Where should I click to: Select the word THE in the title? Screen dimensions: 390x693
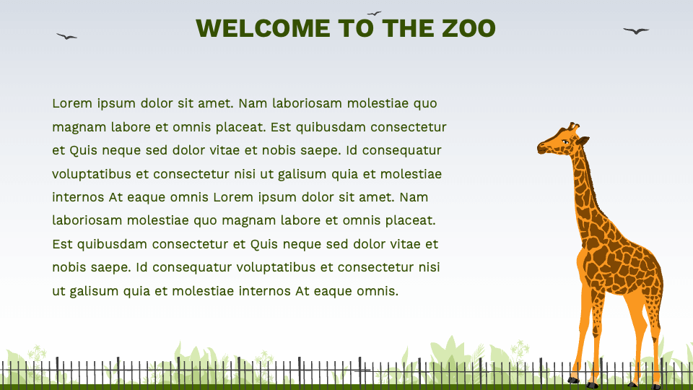point(408,28)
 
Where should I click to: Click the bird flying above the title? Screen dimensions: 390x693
point(374,13)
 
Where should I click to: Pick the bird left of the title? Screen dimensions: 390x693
point(66,36)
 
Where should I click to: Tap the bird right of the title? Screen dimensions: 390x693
point(636,30)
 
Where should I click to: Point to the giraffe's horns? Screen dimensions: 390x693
point(573,126)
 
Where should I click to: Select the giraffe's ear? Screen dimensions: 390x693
point(583,140)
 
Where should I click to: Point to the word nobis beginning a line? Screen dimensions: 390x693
point(71,267)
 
